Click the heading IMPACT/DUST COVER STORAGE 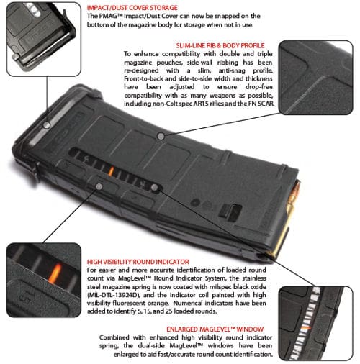pos(132,8)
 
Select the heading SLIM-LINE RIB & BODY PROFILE pos(220,45)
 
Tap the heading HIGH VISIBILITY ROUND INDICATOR pos(138,262)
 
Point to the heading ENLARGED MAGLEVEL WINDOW pos(215,329)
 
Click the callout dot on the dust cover pos(47,125)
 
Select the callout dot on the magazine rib pos(161,137)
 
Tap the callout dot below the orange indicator pos(99,186)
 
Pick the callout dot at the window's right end pos(155,188)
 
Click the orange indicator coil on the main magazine pos(111,171)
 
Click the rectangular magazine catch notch pos(230,212)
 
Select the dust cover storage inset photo pos(44,39)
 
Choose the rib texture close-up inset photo pos(316,78)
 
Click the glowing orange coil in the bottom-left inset pos(55,273)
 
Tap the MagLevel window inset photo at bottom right pos(316,323)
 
